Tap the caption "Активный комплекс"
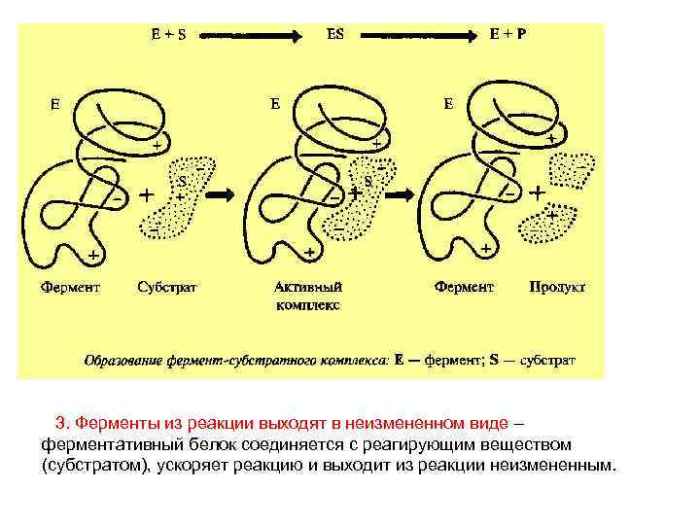coord(308,296)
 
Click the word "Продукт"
coord(557,287)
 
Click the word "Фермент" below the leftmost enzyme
coord(71,287)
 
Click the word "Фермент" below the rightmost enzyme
coord(464,287)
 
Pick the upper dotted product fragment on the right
coord(568,171)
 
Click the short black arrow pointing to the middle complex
coord(224,193)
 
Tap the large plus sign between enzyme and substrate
coord(146,194)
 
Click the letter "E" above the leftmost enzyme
coord(56,102)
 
